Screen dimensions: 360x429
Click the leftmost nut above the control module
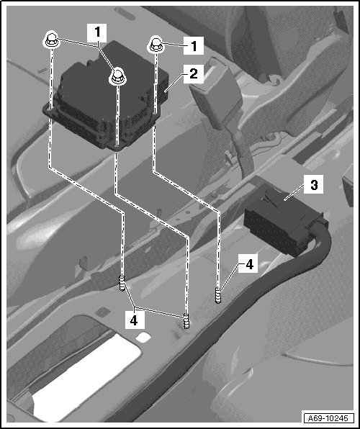pos(51,40)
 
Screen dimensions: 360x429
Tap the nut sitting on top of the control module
pos(117,76)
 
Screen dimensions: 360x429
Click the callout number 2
pos(194,74)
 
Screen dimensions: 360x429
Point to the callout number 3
pos(314,185)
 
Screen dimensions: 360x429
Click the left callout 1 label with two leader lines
pos(97,33)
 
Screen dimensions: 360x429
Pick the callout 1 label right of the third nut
pos(194,45)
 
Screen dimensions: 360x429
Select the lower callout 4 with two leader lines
pos(134,320)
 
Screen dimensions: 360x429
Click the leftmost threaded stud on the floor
pos(122,284)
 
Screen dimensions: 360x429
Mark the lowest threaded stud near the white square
pos(186,322)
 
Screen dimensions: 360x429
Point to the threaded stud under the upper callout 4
pos(218,296)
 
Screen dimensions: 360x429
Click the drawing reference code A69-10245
pos(328,417)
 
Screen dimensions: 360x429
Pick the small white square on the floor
pos(143,337)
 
